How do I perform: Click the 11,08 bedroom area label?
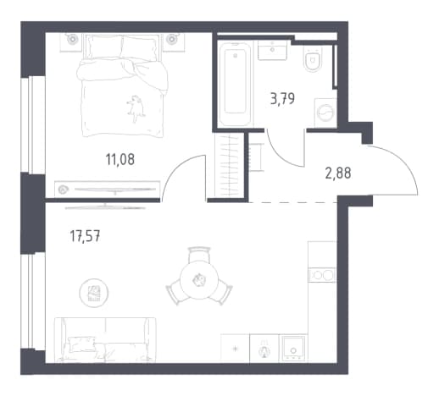click(120, 159)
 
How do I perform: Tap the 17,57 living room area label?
click(85, 236)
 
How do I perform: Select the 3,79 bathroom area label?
click(282, 99)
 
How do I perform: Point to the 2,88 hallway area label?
click(338, 173)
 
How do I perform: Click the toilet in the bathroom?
click(314, 58)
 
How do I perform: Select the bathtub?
click(235, 84)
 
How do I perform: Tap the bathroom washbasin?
click(273, 50)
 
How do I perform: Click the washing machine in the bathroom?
click(325, 113)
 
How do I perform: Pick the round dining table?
click(199, 280)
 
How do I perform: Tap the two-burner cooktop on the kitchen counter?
click(323, 275)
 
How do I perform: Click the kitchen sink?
click(293, 348)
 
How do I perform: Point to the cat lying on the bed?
click(136, 109)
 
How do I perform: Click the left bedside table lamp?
click(72, 39)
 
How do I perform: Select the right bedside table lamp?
click(172, 39)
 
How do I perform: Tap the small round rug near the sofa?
click(94, 293)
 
